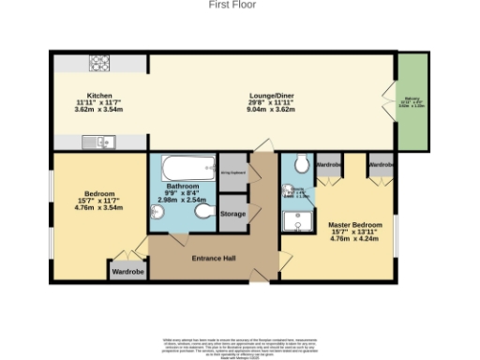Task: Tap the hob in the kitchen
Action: (99, 64)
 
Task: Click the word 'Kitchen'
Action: (99, 95)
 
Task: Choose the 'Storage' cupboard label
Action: (233, 215)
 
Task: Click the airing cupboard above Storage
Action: (232, 172)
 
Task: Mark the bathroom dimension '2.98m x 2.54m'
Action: (182, 200)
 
